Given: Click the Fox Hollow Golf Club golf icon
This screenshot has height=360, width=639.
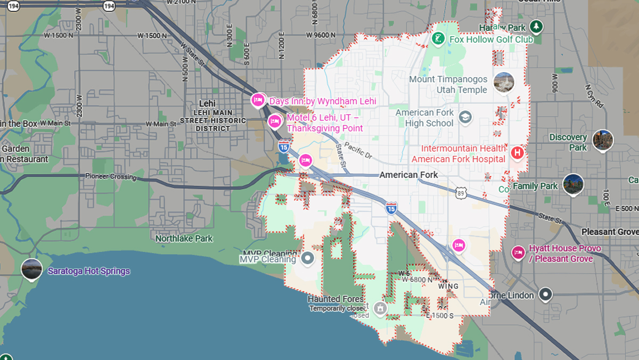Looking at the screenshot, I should (438, 39).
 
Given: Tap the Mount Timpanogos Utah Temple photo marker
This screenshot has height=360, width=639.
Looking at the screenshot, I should (503, 83).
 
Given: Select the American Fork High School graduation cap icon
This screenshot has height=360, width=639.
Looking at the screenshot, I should (465, 117).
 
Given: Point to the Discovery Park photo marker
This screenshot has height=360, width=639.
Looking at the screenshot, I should (602, 140).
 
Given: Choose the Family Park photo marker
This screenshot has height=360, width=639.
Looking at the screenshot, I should (573, 184).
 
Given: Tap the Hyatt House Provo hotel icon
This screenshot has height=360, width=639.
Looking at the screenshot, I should (518, 253).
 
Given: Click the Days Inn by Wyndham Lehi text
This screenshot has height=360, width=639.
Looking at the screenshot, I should (323, 101).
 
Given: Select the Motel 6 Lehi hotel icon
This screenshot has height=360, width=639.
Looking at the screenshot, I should (275, 122).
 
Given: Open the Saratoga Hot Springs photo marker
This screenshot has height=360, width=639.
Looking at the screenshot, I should (31, 269).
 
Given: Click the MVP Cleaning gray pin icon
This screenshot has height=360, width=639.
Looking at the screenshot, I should (307, 259).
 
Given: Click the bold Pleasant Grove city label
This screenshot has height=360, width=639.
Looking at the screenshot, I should (609, 232).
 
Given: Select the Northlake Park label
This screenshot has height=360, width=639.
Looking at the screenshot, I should (184, 239).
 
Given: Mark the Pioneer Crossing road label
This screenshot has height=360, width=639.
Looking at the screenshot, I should (111, 176).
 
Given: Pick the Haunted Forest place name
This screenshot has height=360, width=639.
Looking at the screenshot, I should (335, 299).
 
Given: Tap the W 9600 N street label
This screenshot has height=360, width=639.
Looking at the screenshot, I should (321, 35).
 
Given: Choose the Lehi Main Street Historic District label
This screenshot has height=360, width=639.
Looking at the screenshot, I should (213, 120).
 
